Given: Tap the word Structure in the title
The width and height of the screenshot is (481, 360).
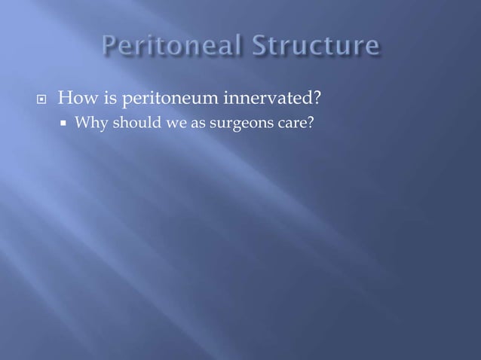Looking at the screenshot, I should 317,47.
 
